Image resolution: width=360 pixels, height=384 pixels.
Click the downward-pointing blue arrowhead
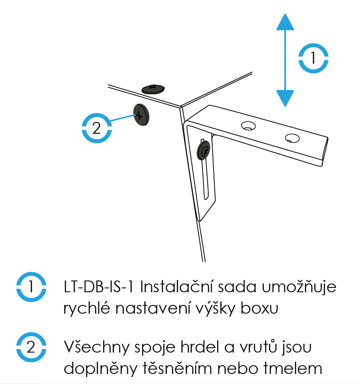click(285, 98)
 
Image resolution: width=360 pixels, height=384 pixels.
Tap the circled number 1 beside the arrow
click(313, 58)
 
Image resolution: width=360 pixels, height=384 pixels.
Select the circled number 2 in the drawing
click(97, 128)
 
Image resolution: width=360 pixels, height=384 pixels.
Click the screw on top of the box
click(153, 89)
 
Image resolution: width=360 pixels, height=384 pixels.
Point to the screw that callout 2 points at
click(141, 114)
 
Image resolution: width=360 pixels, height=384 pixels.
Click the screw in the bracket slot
click(204, 150)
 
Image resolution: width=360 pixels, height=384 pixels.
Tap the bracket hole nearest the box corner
click(248, 126)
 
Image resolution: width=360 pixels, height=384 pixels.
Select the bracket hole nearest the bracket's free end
click(292, 138)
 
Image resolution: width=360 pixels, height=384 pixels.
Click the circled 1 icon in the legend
click(31, 287)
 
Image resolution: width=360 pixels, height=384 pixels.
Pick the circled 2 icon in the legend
click(31, 347)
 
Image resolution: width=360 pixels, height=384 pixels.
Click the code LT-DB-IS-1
click(98, 287)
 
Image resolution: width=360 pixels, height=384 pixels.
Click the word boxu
click(259, 308)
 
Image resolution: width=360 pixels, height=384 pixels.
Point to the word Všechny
click(97, 347)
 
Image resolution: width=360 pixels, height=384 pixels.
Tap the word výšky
click(216, 308)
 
